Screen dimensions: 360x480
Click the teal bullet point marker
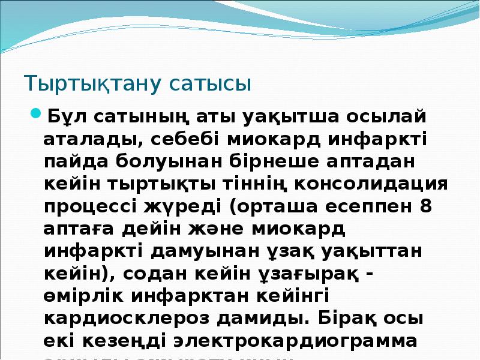pos(35,113)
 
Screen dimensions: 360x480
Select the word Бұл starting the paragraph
pos(62,115)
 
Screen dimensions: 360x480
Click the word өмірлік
pos(81,297)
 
